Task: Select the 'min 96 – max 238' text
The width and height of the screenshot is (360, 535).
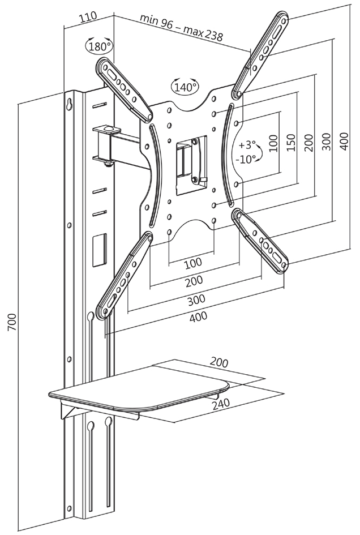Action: click(x=181, y=27)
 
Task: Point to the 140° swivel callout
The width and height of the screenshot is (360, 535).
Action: click(x=185, y=87)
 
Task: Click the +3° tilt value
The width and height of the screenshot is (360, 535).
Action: click(x=247, y=144)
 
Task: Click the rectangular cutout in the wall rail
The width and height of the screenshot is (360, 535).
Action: click(x=99, y=250)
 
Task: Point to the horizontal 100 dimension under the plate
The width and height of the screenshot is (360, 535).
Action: click(x=193, y=263)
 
